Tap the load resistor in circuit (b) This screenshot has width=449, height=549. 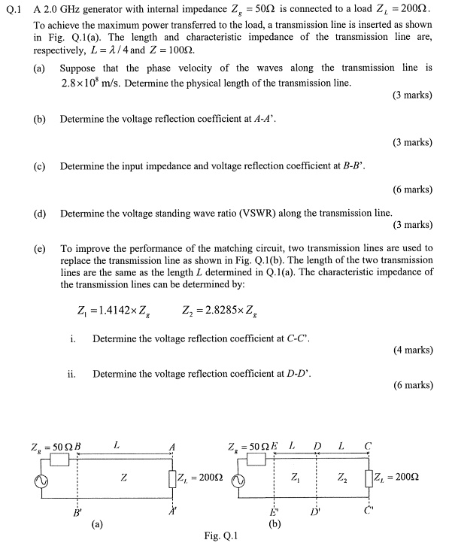point(368,478)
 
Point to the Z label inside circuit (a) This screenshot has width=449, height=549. point(123,477)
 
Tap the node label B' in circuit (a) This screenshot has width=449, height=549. point(74,514)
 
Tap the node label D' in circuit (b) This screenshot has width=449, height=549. point(316,514)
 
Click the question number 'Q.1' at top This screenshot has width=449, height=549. point(13,10)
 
